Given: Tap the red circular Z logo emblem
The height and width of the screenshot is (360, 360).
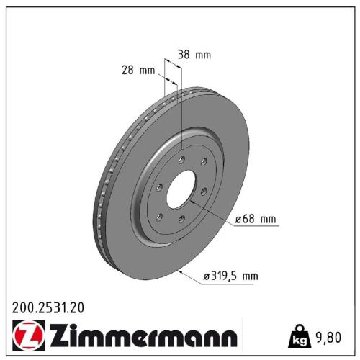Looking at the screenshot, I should point(25,335).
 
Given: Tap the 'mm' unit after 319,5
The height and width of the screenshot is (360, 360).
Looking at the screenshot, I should point(249,275).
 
